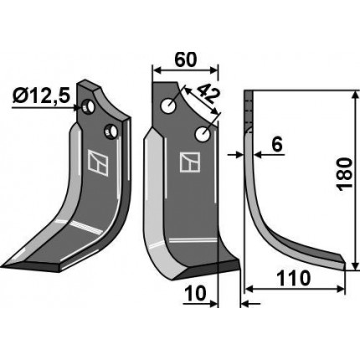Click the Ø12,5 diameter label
pos(41,95)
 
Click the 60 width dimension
pos(186,59)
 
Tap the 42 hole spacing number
pos(207,95)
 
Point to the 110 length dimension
pos(293,278)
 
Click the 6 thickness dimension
pos(277,144)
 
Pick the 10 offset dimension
pos(195,294)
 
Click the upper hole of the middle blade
pos(168,106)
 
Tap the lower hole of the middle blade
pos(203,134)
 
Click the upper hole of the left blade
pos(88,107)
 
